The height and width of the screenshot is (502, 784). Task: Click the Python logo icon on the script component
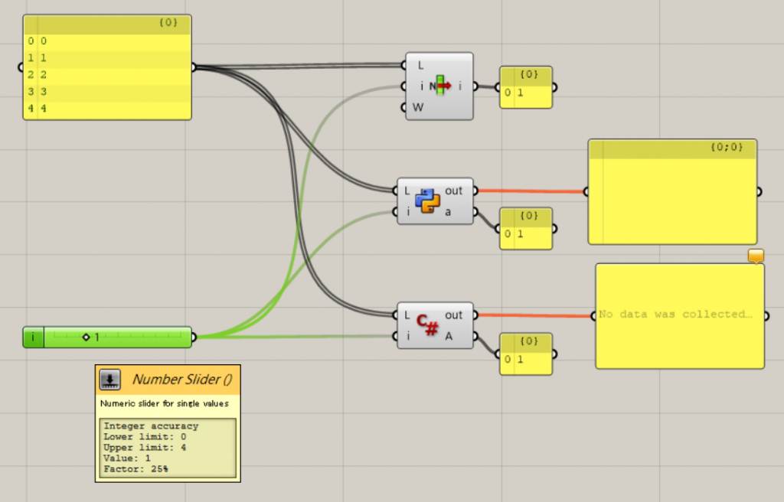(428, 201)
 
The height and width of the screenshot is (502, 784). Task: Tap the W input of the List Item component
(417, 107)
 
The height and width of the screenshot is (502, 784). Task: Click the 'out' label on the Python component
(454, 191)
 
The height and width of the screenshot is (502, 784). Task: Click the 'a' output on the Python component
(449, 211)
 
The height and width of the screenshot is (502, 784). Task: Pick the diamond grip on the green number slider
(86, 337)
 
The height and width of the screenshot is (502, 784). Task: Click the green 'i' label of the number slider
(33, 337)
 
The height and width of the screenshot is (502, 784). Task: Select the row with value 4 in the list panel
(107, 109)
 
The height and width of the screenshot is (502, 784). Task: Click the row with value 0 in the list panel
(107, 41)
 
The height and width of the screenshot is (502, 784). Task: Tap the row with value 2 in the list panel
(107, 75)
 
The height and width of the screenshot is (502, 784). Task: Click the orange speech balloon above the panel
(756, 256)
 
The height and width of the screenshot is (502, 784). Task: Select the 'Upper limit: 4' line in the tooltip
(144, 448)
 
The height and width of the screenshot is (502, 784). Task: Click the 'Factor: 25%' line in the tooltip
(136, 469)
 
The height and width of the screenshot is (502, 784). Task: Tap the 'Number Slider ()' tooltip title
(181, 379)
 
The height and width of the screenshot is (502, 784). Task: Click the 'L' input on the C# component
(407, 315)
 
